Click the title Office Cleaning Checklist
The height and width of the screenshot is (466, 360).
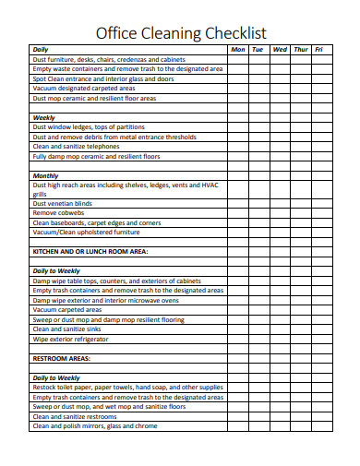pyautogui.click(x=181, y=33)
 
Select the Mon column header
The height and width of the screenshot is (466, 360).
pyautogui.click(x=237, y=49)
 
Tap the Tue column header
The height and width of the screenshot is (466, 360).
pyautogui.click(x=258, y=49)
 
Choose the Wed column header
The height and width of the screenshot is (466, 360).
pyautogui.click(x=280, y=49)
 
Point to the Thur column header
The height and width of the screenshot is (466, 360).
pyautogui.click(x=300, y=49)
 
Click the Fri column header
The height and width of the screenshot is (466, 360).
pyautogui.click(x=318, y=49)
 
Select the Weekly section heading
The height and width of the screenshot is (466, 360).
pyautogui.click(x=43, y=117)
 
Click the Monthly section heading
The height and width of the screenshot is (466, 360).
pyautogui.click(x=45, y=175)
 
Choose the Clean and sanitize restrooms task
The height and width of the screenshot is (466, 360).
pyautogui.click(x=80, y=416)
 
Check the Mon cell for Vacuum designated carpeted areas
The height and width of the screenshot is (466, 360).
pyautogui.click(x=237, y=88)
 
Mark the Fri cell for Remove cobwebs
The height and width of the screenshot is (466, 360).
pyautogui.click(x=318, y=213)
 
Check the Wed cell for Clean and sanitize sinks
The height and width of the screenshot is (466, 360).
pyautogui.click(x=280, y=329)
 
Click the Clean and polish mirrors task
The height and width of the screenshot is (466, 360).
pyautogui.click(x=94, y=425)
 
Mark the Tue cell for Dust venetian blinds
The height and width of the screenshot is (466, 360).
pyautogui.click(x=258, y=203)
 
